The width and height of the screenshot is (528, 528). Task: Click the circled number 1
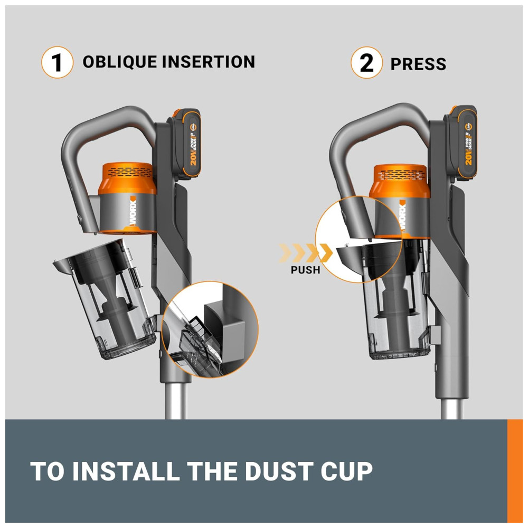[x=57, y=62]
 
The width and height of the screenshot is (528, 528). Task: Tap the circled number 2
[x=367, y=63]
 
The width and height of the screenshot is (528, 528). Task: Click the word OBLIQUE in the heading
[x=120, y=62]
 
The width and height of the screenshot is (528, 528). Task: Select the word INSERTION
[x=209, y=62]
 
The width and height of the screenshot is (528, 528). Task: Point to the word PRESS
[x=418, y=64]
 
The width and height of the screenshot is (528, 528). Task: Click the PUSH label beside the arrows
[x=305, y=270]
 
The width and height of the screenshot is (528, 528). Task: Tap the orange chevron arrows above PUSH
[x=305, y=253]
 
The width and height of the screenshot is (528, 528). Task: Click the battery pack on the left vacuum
[x=185, y=144]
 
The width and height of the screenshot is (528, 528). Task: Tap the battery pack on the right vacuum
[x=460, y=142]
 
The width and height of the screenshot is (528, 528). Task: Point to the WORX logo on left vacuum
[x=132, y=212]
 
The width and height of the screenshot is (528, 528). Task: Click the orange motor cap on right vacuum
[x=400, y=181]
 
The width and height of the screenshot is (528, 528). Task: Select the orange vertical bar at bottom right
[x=515, y=471]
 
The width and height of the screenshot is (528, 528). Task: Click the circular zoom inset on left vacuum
[x=210, y=329]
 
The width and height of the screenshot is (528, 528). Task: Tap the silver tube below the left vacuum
[x=176, y=401]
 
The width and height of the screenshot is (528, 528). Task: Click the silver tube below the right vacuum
[x=452, y=409]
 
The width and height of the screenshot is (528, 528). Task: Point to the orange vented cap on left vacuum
[x=127, y=178]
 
